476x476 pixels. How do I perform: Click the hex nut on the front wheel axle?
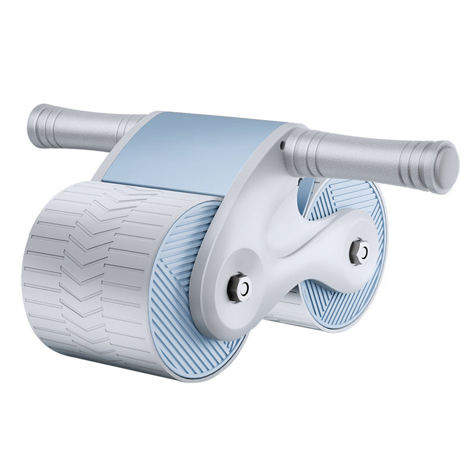239,287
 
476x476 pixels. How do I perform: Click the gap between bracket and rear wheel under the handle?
303,190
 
